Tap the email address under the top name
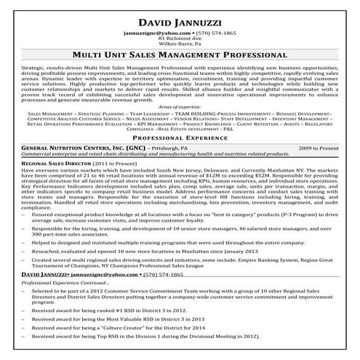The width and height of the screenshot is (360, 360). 151,33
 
